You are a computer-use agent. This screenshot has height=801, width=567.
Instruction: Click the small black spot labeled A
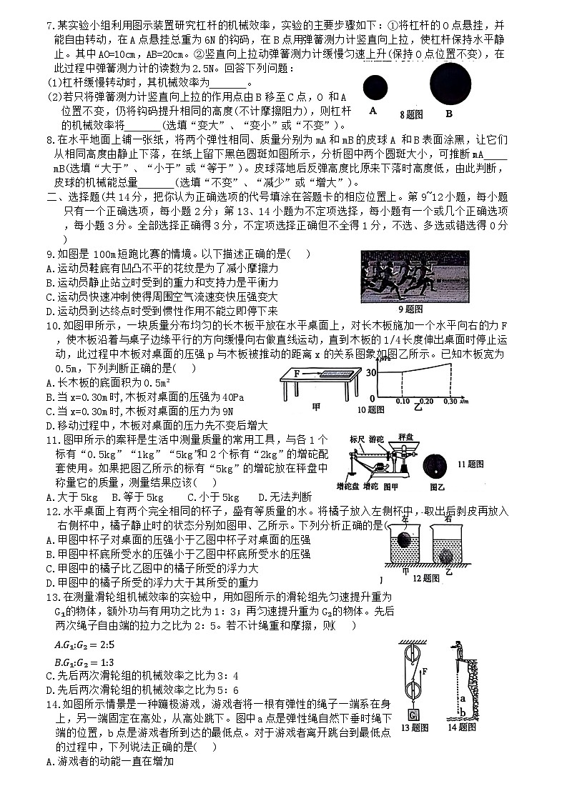click(375, 89)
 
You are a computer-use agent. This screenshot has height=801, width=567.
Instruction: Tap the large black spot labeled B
click(450, 83)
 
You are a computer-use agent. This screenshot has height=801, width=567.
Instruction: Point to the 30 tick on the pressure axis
click(370, 373)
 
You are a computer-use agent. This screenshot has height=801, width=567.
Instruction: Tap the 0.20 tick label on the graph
click(427, 402)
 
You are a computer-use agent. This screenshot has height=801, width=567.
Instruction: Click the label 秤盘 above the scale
click(407, 435)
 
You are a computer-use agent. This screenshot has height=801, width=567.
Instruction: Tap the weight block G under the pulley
click(413, 715)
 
